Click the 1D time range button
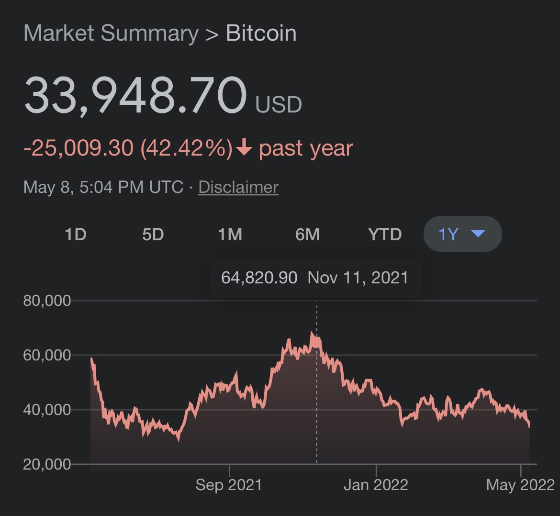75,235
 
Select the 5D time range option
153,235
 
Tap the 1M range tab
230,235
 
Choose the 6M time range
307,235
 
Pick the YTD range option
385,235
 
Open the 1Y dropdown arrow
478,234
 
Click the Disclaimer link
238,187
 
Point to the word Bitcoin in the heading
261,33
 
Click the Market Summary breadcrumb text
111,33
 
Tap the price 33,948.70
135,95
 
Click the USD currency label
279,105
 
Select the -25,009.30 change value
78,148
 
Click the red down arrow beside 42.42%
244,147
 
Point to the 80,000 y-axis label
47,301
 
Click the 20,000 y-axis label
47,464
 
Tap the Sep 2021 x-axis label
229,485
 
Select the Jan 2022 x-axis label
376,485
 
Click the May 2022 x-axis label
520,485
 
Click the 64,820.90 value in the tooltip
259,278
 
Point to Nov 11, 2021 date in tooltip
358,278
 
